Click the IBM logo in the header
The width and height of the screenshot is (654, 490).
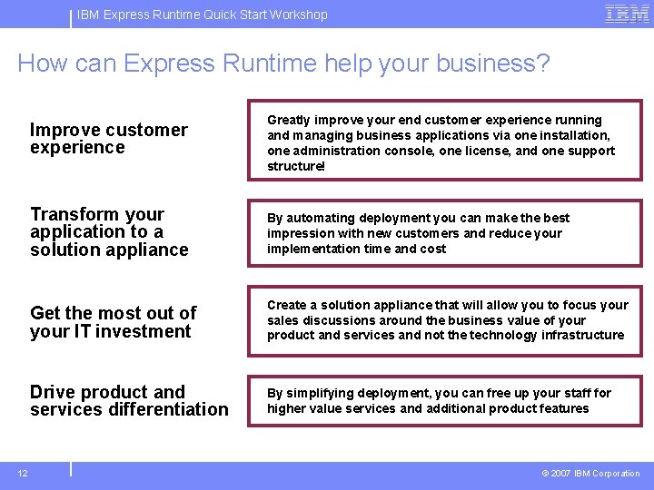click(627, 14)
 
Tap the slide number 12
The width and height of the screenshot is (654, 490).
click(23, 473)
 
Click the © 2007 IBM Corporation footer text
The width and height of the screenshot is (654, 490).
click(590, 473)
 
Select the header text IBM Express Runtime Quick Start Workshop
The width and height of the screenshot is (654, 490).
click(202, 15)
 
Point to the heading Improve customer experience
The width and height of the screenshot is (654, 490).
click(108, 139)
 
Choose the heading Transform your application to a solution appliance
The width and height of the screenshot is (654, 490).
click(109, 231)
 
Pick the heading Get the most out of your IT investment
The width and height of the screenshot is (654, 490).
click(113, 322)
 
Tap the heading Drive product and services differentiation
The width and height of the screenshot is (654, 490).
click(129, 400)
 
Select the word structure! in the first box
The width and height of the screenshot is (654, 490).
click(296, 166)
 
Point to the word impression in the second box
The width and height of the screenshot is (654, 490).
click(301, 233)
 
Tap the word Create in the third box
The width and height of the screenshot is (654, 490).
click(286, 305)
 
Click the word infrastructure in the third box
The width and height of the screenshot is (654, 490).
click(582, 335)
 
